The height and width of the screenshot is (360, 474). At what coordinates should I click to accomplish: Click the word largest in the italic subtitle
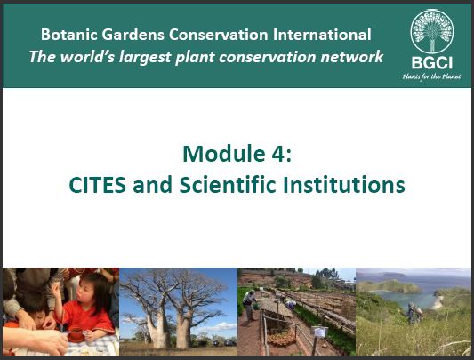[x=145, y=58]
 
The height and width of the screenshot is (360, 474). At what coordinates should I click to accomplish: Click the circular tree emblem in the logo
[x=432, y=31]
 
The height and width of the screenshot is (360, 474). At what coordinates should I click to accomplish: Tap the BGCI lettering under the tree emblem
[x=432, y=63]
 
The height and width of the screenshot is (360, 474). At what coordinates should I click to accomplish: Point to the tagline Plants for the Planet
[x=432, y=76]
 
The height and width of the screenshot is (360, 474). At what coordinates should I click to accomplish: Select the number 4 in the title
[x=277, y=154]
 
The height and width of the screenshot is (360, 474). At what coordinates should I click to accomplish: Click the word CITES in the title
[x=97, y=185]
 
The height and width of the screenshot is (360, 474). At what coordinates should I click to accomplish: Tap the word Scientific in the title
[x=228, y=184]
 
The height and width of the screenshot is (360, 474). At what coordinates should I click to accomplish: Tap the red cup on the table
[x=76, y=334]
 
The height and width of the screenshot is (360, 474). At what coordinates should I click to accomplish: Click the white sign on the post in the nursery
[x=319, y=332]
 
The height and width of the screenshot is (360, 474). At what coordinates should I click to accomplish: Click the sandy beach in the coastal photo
[x=438, y=303]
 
